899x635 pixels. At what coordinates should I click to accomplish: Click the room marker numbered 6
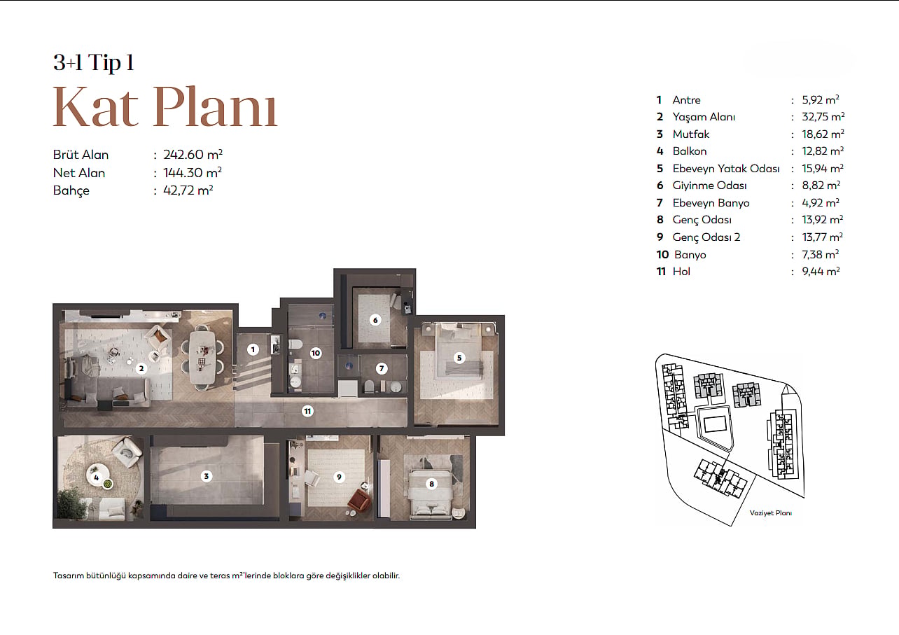[x=375, y=320]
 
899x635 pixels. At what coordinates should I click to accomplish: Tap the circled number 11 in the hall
[x=307, y=411]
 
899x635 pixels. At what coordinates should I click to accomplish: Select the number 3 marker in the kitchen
[x=207, y=476]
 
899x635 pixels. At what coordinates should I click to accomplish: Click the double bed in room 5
[x=459, y=351]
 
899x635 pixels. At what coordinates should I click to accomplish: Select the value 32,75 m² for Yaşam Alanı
[x=823, y=116]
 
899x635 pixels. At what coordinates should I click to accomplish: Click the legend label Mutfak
[x=691, y=134]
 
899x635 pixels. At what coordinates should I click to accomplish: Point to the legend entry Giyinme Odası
[x=709, y=186]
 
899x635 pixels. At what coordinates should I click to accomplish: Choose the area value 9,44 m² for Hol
[x=821, y=272]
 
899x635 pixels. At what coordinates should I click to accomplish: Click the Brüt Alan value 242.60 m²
[x=193, y=155]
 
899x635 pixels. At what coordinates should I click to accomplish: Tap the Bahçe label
[x=71, y=190]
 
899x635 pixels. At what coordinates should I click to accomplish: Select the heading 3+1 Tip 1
[x=93, y=62]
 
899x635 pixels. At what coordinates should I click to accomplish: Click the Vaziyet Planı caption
[x=771, y=513]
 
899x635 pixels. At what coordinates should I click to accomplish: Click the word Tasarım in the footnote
[x=68, y=575]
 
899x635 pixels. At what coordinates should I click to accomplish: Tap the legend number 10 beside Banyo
[x=662, y=254]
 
